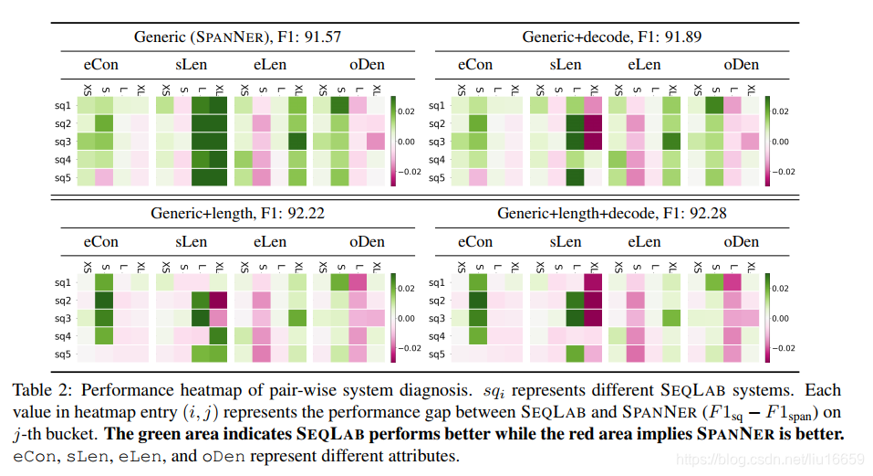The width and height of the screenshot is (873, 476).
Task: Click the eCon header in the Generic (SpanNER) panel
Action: [x=101, y=65]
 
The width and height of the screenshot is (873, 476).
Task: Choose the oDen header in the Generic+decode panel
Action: [x=741, y=65]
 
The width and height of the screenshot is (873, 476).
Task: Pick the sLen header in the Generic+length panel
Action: [x=190, y=242]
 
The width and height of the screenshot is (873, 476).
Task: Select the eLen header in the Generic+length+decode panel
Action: [x=644, y=242]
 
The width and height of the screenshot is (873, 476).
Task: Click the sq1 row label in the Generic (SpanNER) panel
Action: [x=62, y=105]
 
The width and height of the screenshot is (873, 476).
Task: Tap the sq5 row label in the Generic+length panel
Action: [x=62, y=354]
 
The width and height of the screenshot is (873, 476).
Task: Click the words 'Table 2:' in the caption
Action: [x=39, y=390]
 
